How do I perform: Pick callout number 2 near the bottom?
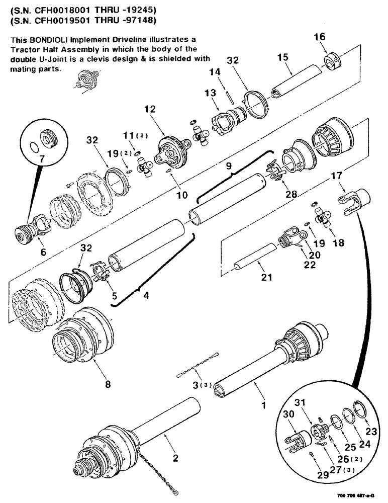click(175, 458)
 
